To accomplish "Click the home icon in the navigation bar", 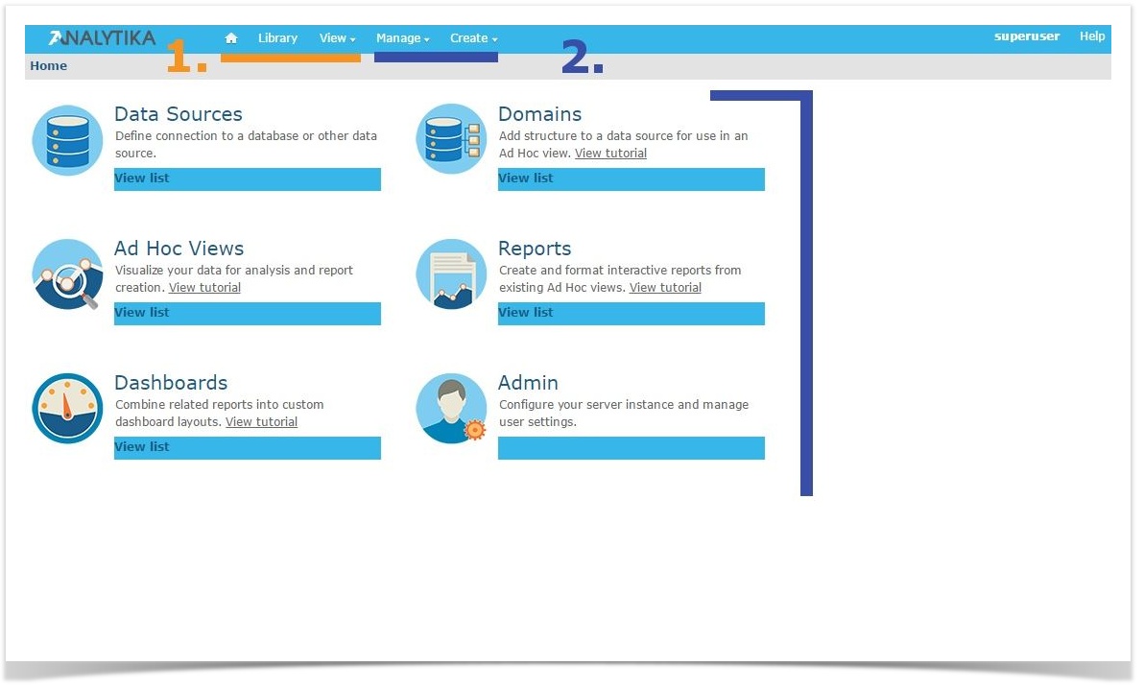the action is (231, 38).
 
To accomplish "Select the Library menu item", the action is (278, 38).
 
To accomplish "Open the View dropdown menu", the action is (337, 38).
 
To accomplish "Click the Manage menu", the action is (403, 38).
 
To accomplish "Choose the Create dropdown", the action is (473, 38).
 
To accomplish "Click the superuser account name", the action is (1027, 36).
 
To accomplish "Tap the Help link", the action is (1092, 36).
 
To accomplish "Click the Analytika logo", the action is (102, 38).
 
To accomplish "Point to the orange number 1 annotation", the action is (186, 56).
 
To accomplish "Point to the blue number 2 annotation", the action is (583, 57).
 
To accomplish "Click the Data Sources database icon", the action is (68, 140).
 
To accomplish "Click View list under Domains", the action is (525, 178).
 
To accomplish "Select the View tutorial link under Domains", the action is (610, 154).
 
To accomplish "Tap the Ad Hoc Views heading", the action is (179, 249).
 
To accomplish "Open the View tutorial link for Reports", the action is (665, 288).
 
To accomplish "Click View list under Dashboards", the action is (141, 446).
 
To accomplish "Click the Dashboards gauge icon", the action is (68, 409).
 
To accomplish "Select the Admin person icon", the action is (451, 409).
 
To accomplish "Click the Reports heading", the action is (535, 249).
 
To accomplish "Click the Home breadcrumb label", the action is (48, 65).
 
